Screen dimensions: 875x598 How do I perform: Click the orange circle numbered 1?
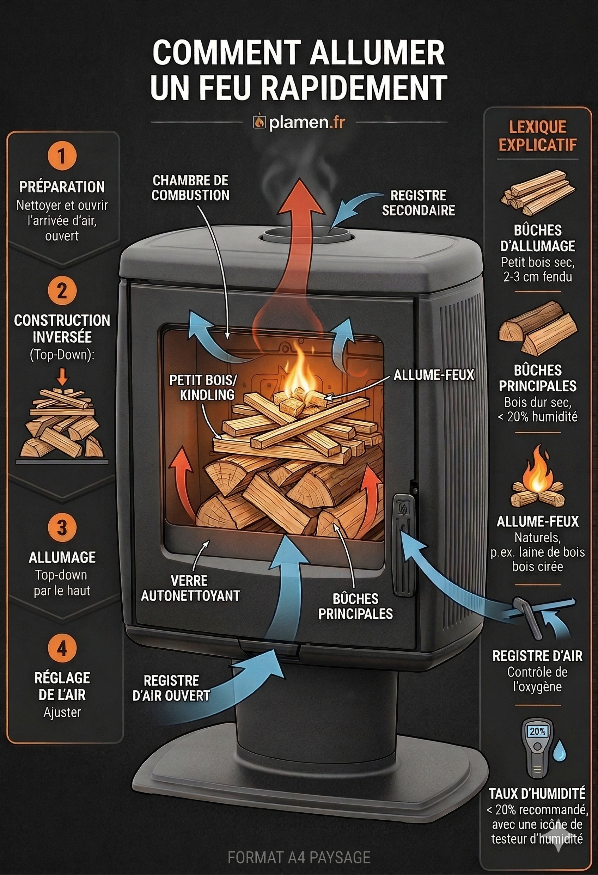pos(62,156)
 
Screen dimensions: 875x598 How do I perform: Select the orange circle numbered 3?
pos(62,527)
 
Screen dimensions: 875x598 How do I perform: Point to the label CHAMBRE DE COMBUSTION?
pos(190,188)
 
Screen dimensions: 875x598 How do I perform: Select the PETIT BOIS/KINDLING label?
pos(203,387)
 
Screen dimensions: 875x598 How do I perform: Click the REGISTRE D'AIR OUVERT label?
pos(171,688)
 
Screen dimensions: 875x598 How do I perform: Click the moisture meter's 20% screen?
pos(537,731)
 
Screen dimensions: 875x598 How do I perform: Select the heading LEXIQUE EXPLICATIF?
pos(537,135)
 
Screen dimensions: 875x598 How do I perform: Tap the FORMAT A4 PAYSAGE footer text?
pos(299,857)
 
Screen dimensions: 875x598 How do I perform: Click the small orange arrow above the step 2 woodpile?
pos(62,377)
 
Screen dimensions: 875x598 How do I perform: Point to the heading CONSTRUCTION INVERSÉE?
pos(62,329)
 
